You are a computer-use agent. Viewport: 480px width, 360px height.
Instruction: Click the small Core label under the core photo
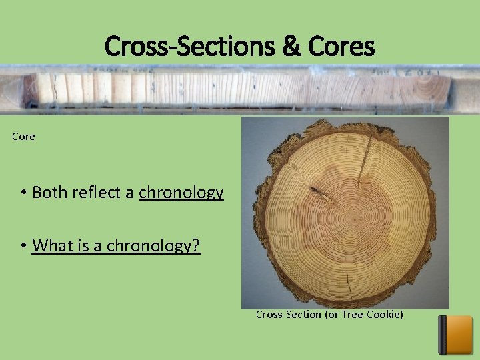pyautogui.click(x=23, y=137)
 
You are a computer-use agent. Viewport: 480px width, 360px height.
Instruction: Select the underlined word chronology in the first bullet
pyautogui.click(x=181, y=193)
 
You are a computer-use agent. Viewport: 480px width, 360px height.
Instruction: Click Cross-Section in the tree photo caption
pyautogui.click(x=288, y=314)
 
